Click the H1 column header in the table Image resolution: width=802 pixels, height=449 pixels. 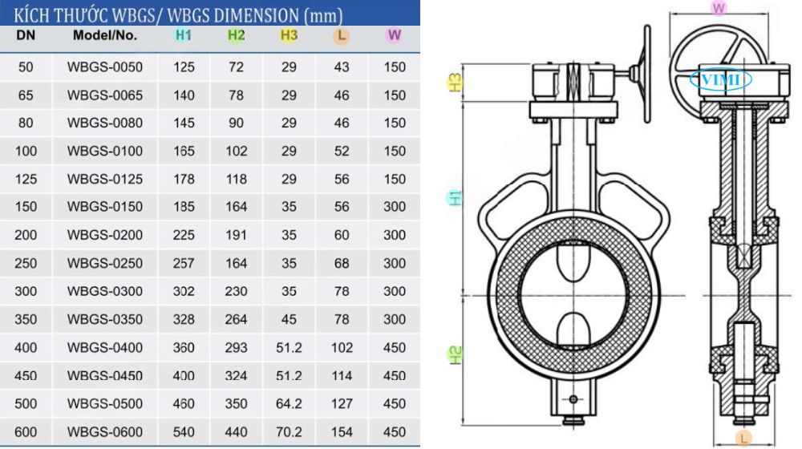[183, 35]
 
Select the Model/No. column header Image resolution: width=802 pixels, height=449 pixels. [105, 35]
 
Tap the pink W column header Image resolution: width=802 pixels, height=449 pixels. [394, 35]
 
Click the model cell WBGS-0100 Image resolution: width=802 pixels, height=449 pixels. [105, 152]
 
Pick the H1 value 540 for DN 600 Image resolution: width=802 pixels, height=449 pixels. [184, 432]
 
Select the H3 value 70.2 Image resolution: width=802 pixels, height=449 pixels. [289, 432]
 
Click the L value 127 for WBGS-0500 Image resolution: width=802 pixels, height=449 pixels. [342, 404]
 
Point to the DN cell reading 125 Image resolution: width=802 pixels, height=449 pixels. [26, 180]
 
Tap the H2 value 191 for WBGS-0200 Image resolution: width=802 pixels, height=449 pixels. [236, 235]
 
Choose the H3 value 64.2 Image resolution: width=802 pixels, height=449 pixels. [289, 404]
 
